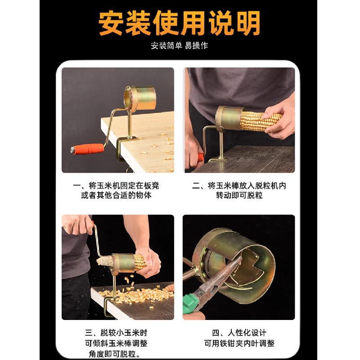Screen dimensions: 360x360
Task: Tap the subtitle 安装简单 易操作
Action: [x=180, y=45]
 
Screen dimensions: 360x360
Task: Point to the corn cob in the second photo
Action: [x=261, y=119]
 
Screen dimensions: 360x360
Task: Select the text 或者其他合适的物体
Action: [x=117, y=196]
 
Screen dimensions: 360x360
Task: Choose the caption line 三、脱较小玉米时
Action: [x=117, y=333]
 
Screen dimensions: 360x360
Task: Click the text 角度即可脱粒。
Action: [x=117, y=354]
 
